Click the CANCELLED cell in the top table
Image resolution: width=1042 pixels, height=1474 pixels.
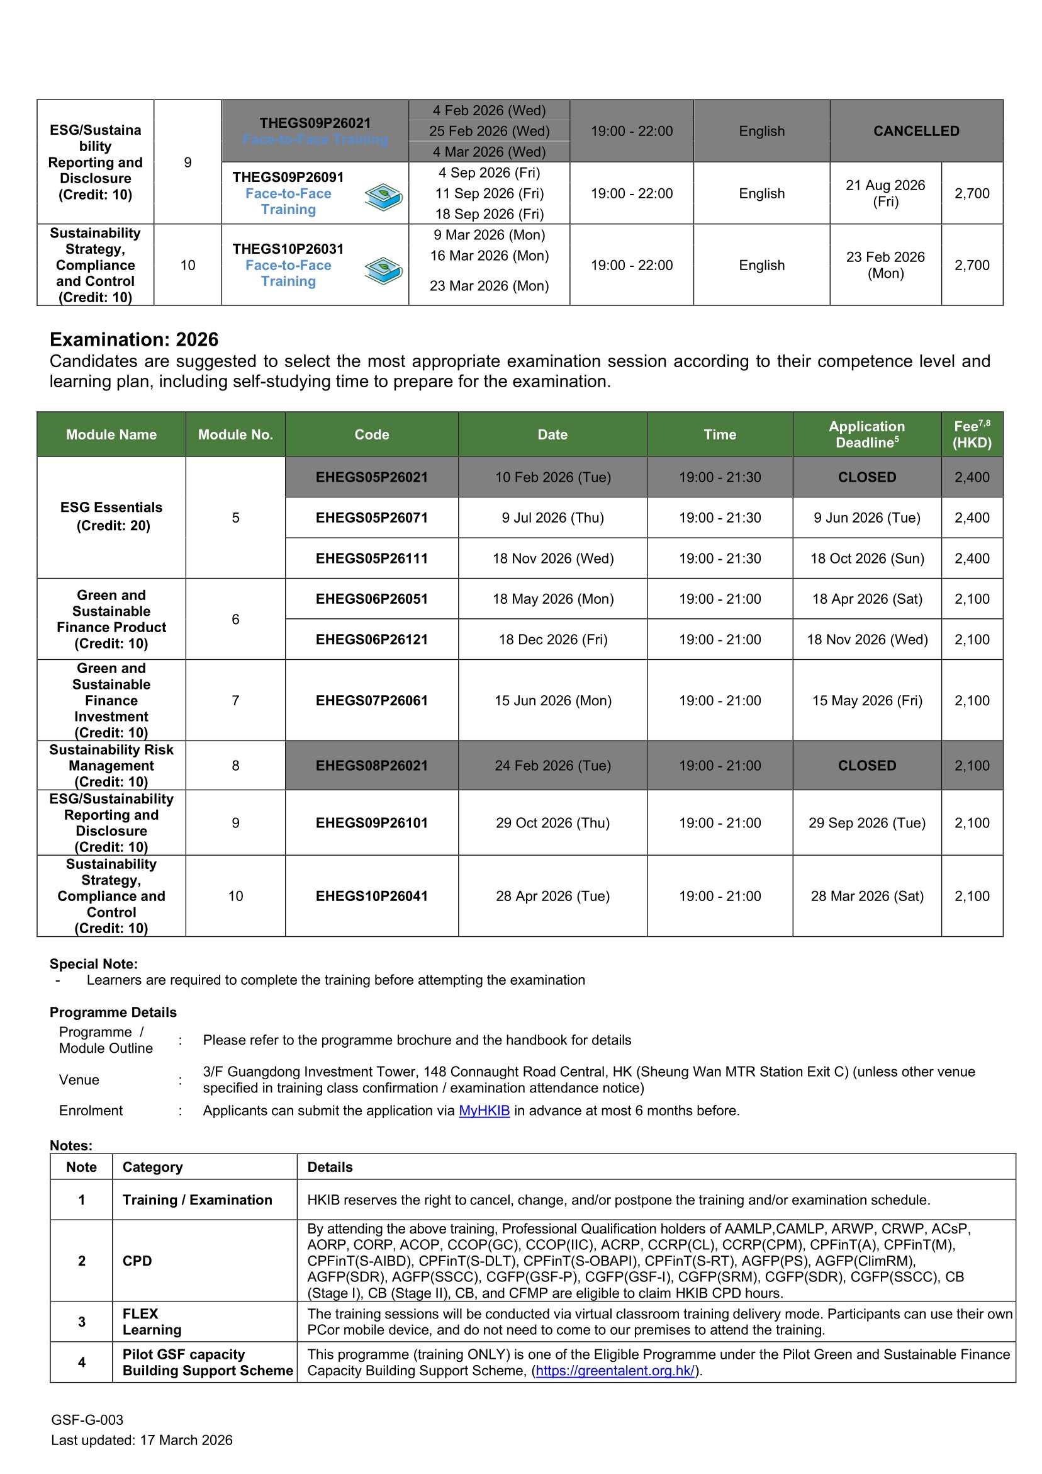(x=916, y=131)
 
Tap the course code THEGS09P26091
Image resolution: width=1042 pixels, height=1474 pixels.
(x=288, y=177)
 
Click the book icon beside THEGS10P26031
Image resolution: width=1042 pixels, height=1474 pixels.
(x=383, y=270)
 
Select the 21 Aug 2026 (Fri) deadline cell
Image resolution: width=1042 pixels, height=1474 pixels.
(x=885, y=193)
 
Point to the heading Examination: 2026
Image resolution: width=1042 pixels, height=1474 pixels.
(x=134, y=339)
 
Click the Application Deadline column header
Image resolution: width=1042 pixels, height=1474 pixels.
(x=866, y=434)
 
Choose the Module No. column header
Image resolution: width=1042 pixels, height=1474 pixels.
(x=235, y=434)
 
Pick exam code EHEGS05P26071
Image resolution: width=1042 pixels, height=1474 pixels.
(x=371, y=518)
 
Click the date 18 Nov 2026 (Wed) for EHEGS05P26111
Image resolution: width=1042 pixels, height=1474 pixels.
(x=552, y=558)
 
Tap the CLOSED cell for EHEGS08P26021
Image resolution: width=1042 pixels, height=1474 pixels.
(x=866, y=765)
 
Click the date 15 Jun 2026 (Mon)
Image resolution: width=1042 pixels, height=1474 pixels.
(x=552, y=700)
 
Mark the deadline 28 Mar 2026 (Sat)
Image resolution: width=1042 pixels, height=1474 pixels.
(x=866, y=895)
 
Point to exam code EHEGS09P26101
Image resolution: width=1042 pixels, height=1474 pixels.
(x=371, y=822)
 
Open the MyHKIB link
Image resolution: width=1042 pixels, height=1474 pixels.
(x=484, y=1111)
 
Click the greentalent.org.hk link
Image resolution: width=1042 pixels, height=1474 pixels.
(x=615, y=1371)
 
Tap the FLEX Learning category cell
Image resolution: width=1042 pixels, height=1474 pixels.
(x=152, y=1322)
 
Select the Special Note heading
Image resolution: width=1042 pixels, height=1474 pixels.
(x=94, y=963)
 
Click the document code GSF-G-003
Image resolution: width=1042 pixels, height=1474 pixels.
(x=87, y=1419)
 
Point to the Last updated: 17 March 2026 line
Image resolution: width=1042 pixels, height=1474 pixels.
(x=142, y=1440)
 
